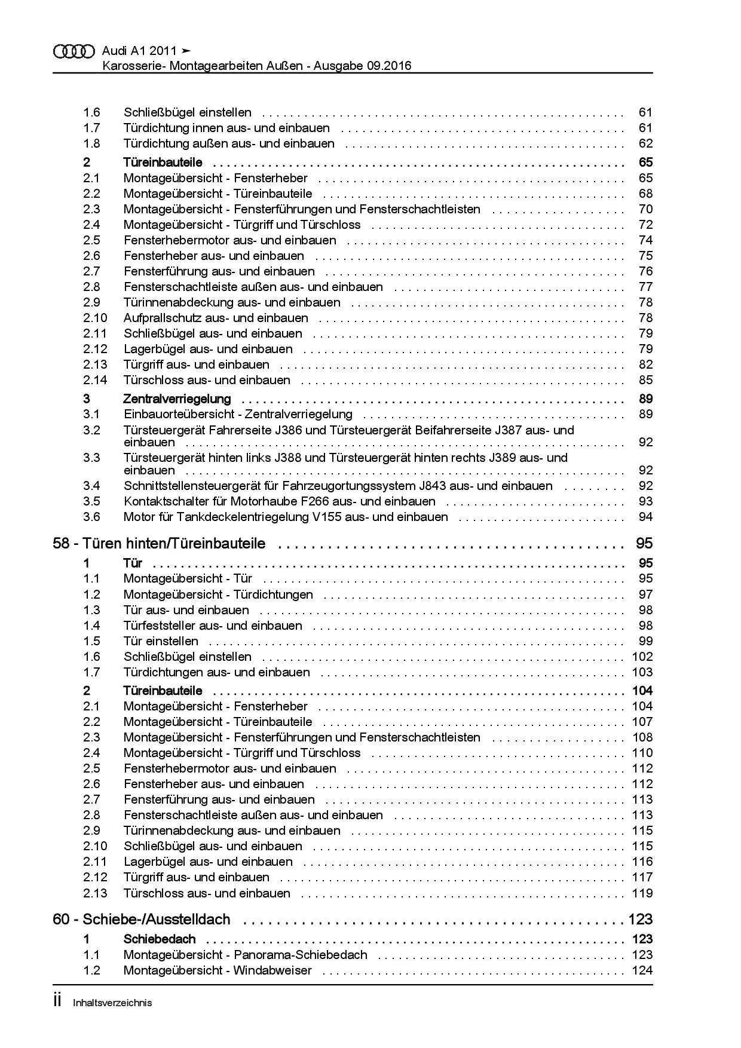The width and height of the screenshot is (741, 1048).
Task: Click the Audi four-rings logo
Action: [74, 51]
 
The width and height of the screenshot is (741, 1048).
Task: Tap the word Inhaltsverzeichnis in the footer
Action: [112, 1003]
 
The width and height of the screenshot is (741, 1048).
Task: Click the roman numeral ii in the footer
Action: [58, 1001]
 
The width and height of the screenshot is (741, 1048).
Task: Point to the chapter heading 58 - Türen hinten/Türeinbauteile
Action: [160, 544]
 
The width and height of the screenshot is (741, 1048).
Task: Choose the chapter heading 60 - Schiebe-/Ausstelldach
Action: [142, 919]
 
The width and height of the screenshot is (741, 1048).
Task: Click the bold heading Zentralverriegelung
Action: [177, 399]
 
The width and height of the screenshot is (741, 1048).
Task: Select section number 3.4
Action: [91, 486]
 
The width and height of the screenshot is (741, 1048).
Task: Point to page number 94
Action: [645, 517]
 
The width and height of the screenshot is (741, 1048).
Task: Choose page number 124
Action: [642, 970]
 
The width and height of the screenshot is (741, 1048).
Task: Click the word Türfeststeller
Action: [160, 626]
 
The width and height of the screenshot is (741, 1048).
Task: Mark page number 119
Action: [642, 893]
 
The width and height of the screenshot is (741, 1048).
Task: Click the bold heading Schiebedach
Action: [160, 939]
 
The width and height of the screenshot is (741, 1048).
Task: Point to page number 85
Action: [645, 380]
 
